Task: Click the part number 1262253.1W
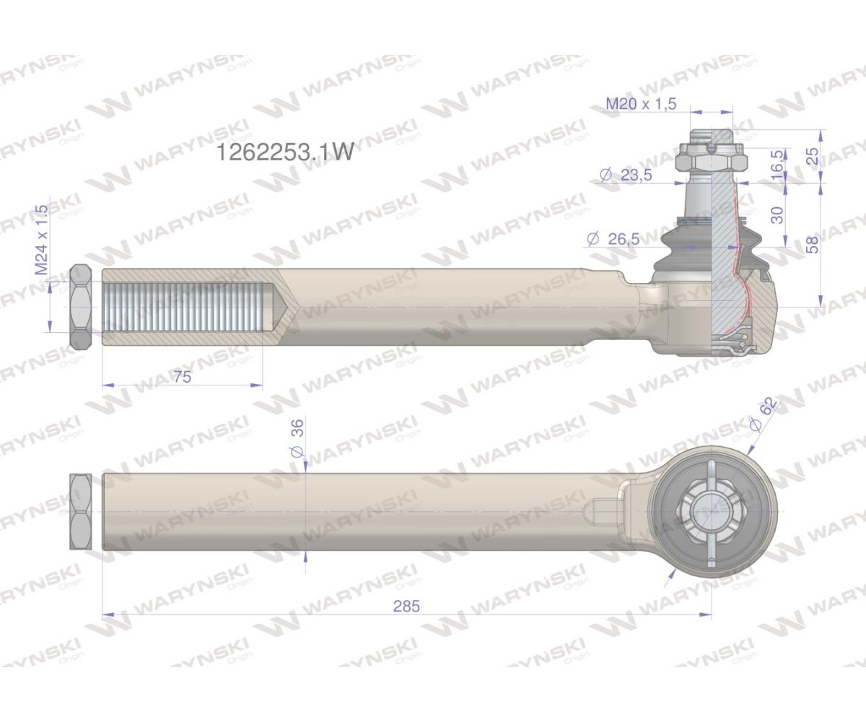click(x=286, y=152)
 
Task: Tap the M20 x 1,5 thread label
click(x=641, y=104)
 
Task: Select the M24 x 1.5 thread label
click(x=41, y=240)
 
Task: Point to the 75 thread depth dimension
click(x=182, y=377)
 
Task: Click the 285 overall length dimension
click(x=406, y=606)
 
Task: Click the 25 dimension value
click(x=813, y=156)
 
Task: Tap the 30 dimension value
click(x=777, y=214)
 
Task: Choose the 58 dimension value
click(x=813, y=245)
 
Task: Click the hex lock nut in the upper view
click(x=80, y=307)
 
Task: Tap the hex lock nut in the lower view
click(x=80, y=512)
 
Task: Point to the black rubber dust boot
click(x=682, y=253)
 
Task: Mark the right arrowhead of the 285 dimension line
click(x=707, y=615)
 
